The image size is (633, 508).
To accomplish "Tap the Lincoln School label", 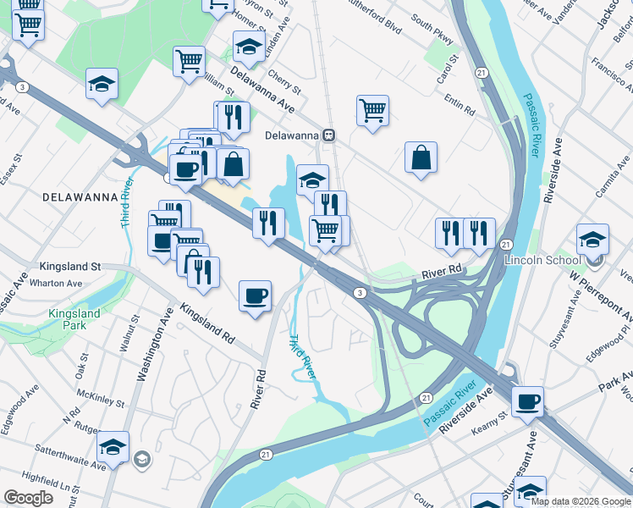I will point(539,260).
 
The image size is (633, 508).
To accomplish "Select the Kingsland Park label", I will point(74,319).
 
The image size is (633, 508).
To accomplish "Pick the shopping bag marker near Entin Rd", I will point(421,158).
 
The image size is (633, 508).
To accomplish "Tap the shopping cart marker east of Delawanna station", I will point(372,111).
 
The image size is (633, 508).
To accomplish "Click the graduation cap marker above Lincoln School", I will point(592,239).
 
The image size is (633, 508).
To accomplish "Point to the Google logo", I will point(29,498).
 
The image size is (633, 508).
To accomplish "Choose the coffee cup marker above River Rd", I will point(255,296).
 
